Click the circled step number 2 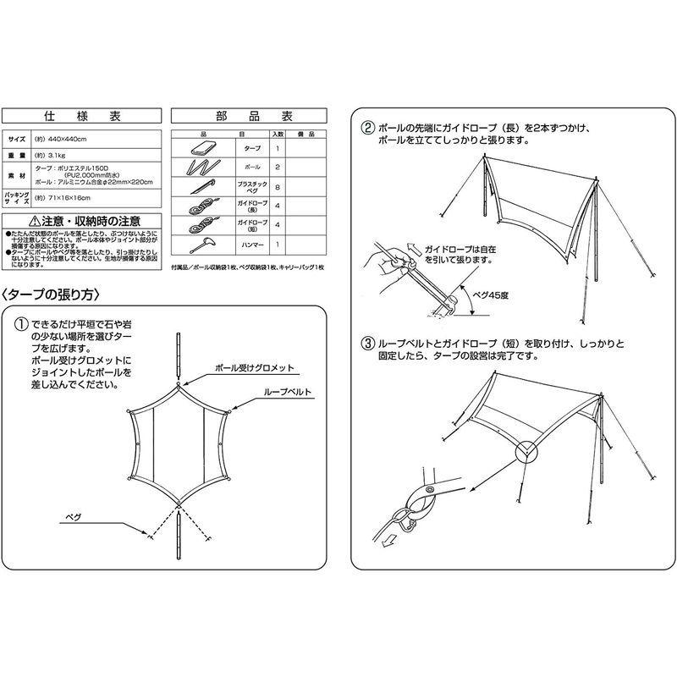pos(367,129)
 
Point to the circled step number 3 pos(367,344)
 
